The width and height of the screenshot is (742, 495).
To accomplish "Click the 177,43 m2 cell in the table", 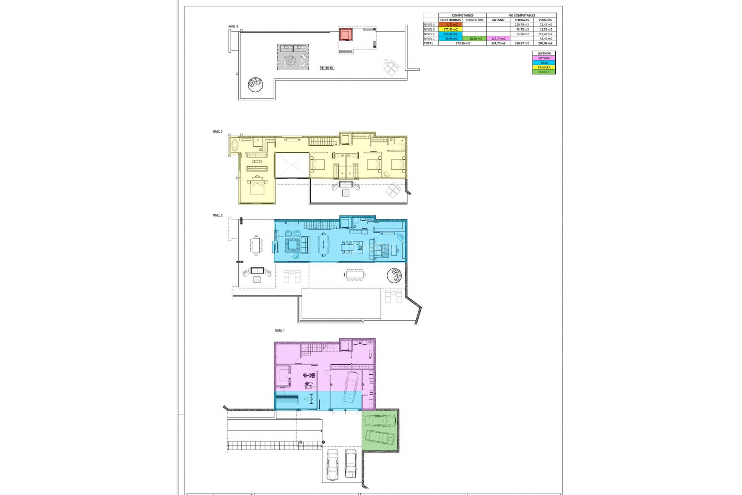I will pos(450,29).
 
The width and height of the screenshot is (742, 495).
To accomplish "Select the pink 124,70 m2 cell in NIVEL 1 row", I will pos(498,39).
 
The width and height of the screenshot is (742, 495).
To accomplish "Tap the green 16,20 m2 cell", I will pos(475,39).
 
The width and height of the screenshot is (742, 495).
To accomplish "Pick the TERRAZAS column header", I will pos(522,20).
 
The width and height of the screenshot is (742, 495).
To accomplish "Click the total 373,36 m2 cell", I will pos(462,43).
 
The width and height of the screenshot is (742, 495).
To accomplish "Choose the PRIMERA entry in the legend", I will pos(544,67).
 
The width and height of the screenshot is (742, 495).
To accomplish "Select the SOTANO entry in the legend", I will pos(544,58).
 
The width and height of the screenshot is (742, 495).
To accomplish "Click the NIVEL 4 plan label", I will pos(233,27).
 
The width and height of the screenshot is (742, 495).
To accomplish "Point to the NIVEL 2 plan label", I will pos(218,215).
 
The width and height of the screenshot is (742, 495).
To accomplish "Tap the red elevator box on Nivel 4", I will pos(345,34).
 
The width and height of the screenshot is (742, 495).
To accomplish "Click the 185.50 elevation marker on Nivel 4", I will pos(327,68).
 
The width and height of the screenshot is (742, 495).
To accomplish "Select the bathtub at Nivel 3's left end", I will pos(234,146).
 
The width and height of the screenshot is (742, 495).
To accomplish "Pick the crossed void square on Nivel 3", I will pos(292,165).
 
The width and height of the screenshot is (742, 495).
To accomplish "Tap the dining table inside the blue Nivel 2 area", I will pos(324,245).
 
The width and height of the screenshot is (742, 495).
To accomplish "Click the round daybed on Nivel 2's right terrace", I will pos(394,275).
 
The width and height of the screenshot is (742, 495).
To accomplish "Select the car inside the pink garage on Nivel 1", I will pos(351,387).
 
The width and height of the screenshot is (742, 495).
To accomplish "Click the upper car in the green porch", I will pos(380,420).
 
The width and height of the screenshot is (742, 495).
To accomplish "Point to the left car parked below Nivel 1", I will pos(332,464).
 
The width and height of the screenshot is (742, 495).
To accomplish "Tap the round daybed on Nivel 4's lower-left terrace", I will pos(255,84).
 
